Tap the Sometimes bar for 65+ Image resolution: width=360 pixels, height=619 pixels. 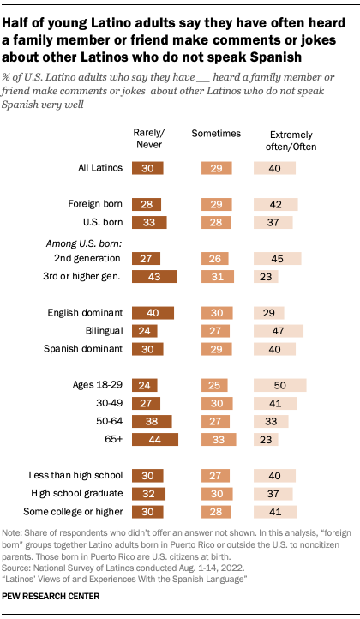217,440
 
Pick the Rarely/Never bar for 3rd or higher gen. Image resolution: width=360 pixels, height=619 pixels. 153,275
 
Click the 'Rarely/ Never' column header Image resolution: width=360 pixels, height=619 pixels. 151,138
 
